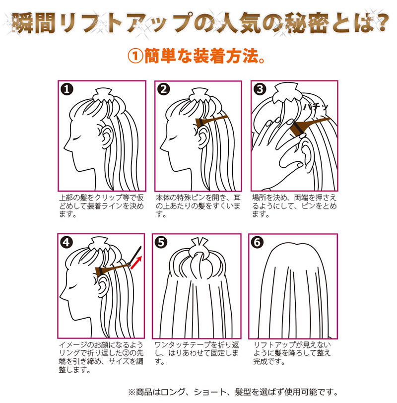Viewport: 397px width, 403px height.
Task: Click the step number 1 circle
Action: coord(67,89)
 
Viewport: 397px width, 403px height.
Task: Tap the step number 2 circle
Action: coord(164,89)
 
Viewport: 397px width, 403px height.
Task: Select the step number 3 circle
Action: coord(260,89)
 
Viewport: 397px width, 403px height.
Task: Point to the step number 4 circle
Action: coord(66,242)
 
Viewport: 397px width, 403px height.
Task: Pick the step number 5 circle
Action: coord(161,242)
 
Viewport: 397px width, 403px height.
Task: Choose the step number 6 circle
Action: coord(257,242)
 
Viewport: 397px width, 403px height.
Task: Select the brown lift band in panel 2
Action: coord(211,121)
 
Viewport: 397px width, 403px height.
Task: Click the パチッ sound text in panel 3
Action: coord(316,107)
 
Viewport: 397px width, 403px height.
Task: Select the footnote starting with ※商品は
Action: coord(233,392)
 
